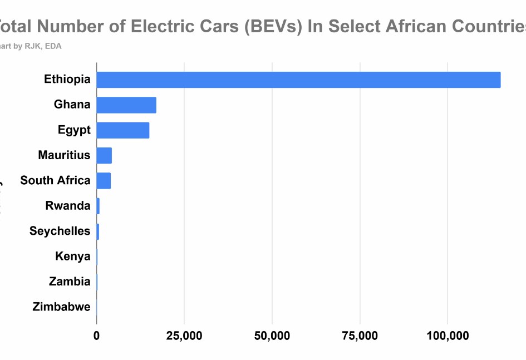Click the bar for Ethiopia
[298, 80]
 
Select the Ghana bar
[126, 105]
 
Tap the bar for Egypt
[123, 130]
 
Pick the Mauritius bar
[104, 155]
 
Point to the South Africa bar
[104, 181]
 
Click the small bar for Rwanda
[98, 206]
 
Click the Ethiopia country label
[67, 79]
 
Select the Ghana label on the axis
[72, 104]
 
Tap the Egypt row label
[74, 130]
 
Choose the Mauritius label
[64, 155]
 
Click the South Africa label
[55, 180]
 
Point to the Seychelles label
[60, 231]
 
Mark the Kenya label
[72, 256]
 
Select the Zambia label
[70, 281]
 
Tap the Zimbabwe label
[61, 306]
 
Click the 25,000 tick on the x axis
[184, 336]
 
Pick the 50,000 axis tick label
[272, 336]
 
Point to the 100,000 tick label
[448, 336]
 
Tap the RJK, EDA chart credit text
[43, 46]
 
